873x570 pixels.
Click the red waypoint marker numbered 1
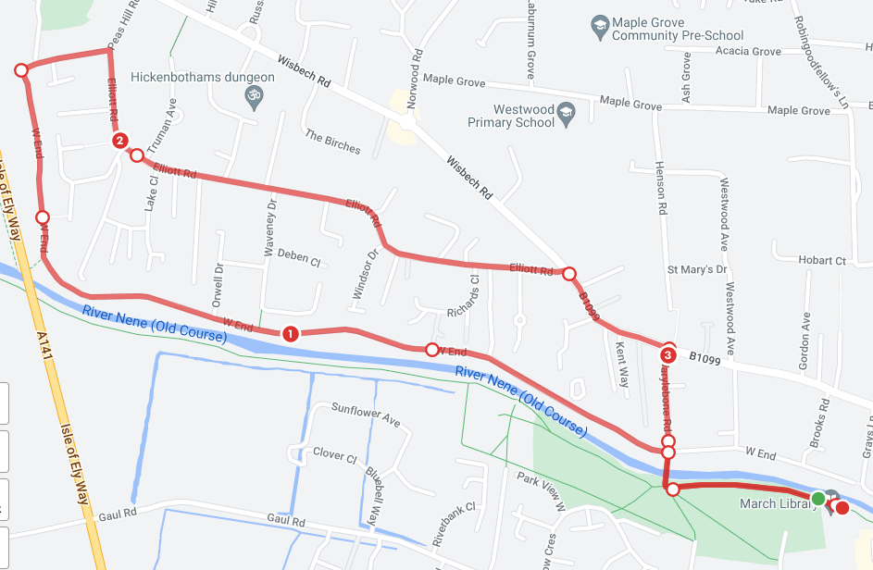[x=290, y=333]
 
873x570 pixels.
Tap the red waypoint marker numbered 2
[x=119, y=141]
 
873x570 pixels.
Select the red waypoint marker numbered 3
[x=668, y=353]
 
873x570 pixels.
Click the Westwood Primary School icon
[x=568, y=115]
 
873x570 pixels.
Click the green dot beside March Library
[x=818, y=500]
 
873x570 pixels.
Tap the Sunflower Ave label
[x=366, y=415]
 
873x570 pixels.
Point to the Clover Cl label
[x=334, y=454]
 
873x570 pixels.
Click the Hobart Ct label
[x=821, y=261]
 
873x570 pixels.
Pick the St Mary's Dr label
[x=697, y=269]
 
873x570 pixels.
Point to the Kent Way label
[x=623, y=363]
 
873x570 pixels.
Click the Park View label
[x=541, y=490]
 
